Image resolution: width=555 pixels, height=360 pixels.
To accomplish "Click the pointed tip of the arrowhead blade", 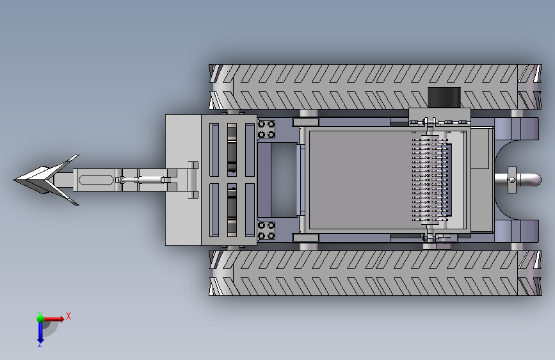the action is click(15, 179).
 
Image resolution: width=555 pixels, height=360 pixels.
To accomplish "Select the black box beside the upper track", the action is click(444, 97).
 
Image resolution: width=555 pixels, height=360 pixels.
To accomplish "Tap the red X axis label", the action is click(68, 316).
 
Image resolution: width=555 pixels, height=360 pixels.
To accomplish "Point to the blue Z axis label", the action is click(40, 345).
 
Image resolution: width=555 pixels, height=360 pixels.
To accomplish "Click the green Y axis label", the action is click(40, 315).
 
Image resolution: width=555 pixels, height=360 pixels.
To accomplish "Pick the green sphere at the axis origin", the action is click(40, 319).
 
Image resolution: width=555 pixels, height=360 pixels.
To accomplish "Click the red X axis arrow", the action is click(53, 319).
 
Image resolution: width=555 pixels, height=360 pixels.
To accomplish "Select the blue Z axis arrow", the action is click(40, 332).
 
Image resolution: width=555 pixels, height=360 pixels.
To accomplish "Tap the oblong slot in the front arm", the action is click(95, 179).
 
